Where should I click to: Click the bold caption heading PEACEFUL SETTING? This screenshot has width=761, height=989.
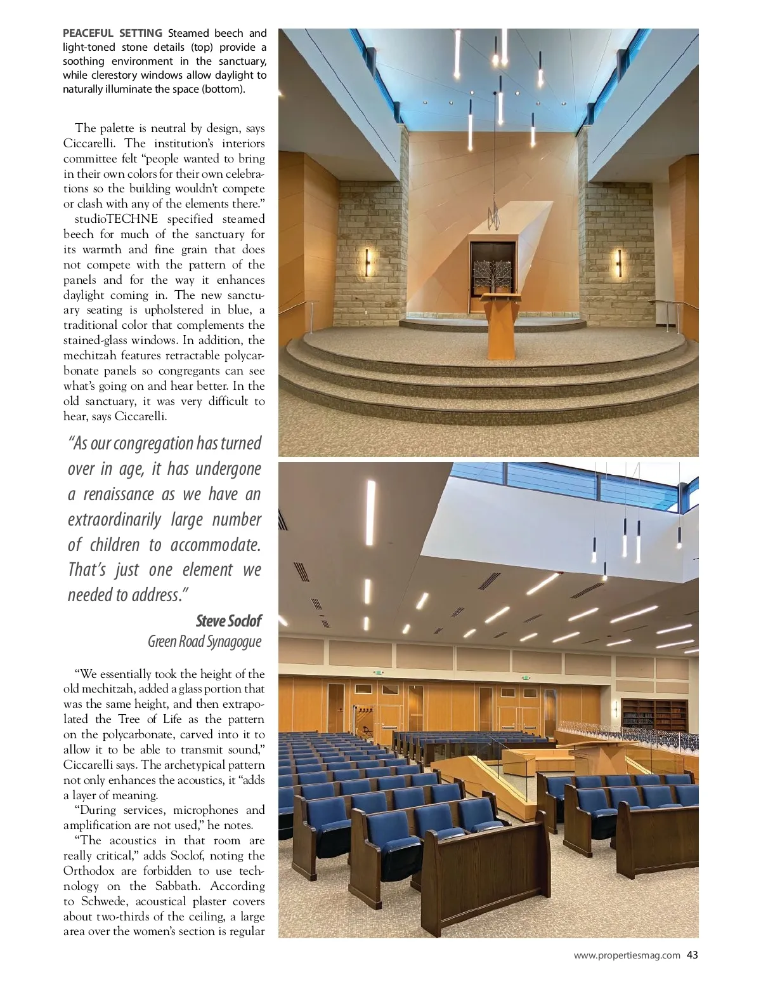pyautogui.click(x=112, y=33)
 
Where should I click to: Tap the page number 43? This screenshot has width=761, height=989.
pyautogui.click(x=692, y=955)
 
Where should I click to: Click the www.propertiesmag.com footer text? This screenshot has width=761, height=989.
pyautogui.click(x=627, y=955)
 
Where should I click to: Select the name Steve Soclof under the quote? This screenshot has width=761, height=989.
pyautogui.click(x=228, y=620)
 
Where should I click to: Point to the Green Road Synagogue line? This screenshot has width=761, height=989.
pyautogui.click(x=204, y=641)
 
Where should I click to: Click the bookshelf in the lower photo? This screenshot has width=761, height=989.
pyautogui.click(x=654, y=714)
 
